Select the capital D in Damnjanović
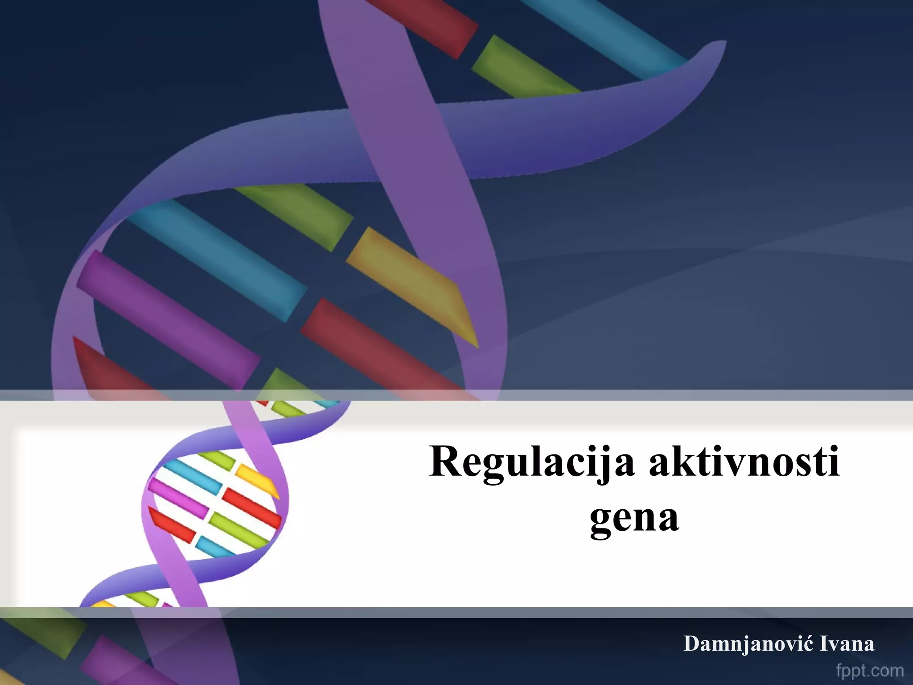pos(692,644)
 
